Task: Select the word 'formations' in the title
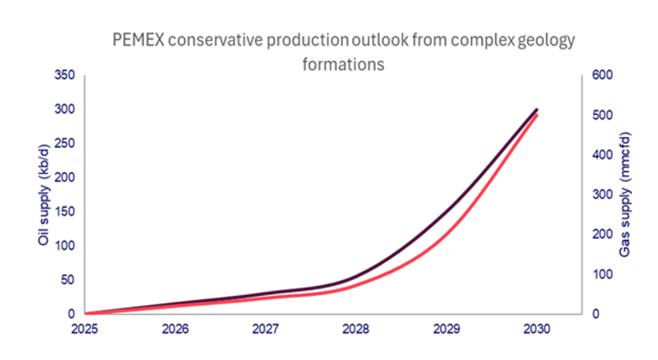[x=344, y=64]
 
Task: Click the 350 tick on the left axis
[x=64, y=76]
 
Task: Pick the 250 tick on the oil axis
[x=64, y=143]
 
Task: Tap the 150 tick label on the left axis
[x=64, y=211]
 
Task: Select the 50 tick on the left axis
[x=67, y=279]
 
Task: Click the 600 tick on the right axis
[x=603, y=76]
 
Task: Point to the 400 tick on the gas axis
[x=603, y=155]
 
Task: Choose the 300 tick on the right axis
[x=603, y=195]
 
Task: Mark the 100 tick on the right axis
[x=603, y=274]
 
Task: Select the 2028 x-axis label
[x=356, y=329]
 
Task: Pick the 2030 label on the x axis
[x=536, y=329]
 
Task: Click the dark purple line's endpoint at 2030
[x=537, y=109]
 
